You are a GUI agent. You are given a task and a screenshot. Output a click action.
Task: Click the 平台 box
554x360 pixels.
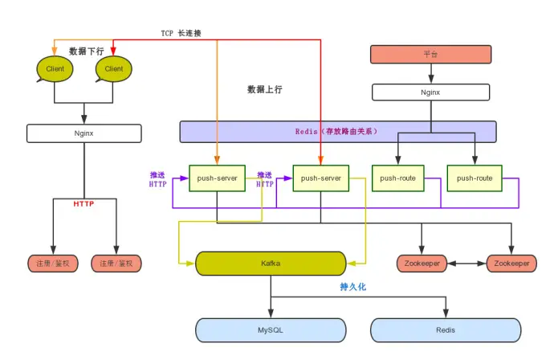pos(430,54)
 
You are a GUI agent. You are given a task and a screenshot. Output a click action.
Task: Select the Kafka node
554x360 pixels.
pos(271,264)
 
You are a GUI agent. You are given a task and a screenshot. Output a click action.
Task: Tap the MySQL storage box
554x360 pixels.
pos(271,330)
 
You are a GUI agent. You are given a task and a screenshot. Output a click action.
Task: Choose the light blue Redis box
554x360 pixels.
pos(446,330)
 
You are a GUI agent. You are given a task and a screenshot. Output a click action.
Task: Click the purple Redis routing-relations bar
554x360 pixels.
pos(338,132)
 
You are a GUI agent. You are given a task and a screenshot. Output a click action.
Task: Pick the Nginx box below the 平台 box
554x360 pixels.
pos(430,92)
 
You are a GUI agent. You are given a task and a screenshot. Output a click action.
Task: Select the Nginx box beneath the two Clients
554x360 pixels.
pos(84,133)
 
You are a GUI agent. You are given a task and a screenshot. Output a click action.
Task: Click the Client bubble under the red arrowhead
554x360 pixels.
pos(113,69)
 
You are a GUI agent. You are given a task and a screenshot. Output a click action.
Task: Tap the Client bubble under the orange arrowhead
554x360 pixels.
pos(55,69)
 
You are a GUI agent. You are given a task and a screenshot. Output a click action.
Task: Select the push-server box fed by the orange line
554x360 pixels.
pos(217,178)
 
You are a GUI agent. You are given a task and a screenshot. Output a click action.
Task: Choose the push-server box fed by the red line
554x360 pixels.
pos(321,178)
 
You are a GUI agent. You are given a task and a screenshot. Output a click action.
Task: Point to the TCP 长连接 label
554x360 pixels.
pos(181,33)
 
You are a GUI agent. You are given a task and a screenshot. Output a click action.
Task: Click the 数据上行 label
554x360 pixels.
pos(265,89)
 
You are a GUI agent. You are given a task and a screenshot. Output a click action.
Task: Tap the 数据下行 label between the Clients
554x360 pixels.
pos(86,51)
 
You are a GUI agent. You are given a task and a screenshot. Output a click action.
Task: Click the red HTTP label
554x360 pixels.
pos(84,203)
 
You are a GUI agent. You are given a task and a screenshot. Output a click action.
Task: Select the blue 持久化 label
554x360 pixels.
pos(353,286)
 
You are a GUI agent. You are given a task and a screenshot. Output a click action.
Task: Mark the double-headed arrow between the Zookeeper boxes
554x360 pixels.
pos(466,264)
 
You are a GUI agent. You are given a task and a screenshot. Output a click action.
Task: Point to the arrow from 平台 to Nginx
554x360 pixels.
pos(431,74)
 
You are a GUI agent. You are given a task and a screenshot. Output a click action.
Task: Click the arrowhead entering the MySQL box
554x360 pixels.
pos(271,313)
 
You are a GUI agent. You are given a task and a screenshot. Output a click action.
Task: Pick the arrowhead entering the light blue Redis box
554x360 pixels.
pos(446,313)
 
